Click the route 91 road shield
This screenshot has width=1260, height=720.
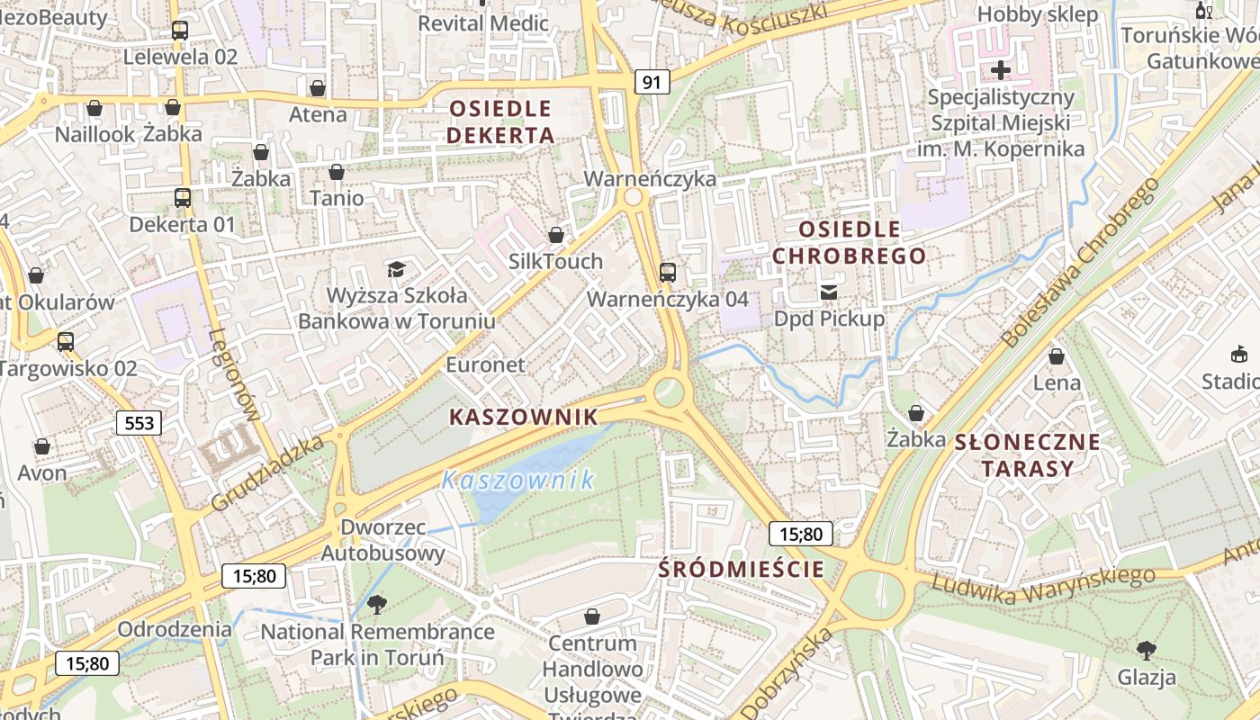point(652,83)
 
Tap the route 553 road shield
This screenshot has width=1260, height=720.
point(139,422)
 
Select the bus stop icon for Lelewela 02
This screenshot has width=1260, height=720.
point(180,31)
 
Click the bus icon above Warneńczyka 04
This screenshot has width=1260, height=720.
point(668,272)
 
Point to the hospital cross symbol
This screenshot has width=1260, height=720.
point(1000,69)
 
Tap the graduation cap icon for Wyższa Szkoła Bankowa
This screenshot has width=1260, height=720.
point(396,269)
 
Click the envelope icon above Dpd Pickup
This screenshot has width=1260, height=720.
point(828,292)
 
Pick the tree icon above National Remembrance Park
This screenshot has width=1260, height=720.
point(377,604)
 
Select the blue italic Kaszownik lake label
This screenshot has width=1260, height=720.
point(517,480)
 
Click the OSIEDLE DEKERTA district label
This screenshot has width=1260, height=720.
point(500,122)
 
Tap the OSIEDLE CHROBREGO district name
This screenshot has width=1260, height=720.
point(849,242)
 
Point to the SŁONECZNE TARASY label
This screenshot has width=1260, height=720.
point(1027,454)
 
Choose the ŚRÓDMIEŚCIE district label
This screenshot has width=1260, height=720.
point(741,569)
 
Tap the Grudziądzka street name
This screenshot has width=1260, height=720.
point(266,474)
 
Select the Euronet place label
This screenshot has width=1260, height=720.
point(485,364)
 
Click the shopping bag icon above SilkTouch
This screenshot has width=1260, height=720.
point(556,235)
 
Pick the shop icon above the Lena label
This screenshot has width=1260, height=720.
point(1057,356)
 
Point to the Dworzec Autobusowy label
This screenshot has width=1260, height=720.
point(383,540)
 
